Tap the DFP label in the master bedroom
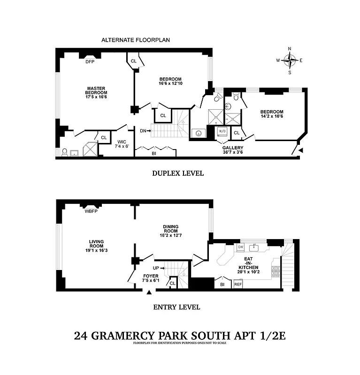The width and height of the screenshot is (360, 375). [90, 61]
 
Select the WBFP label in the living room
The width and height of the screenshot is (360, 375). [91, 211]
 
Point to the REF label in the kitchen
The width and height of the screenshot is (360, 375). [237, 284]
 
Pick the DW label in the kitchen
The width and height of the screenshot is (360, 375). [240, 247]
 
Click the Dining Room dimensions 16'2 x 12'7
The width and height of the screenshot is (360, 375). [170, 236]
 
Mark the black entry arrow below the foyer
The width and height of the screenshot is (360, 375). [149, 292]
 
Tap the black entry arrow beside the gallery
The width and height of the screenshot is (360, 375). [301, 150]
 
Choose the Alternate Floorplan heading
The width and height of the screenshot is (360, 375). [136, 40]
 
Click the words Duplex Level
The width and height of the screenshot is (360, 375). [177, 173]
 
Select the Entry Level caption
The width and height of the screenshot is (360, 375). [176, 307]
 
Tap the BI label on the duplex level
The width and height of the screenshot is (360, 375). [153, 153]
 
